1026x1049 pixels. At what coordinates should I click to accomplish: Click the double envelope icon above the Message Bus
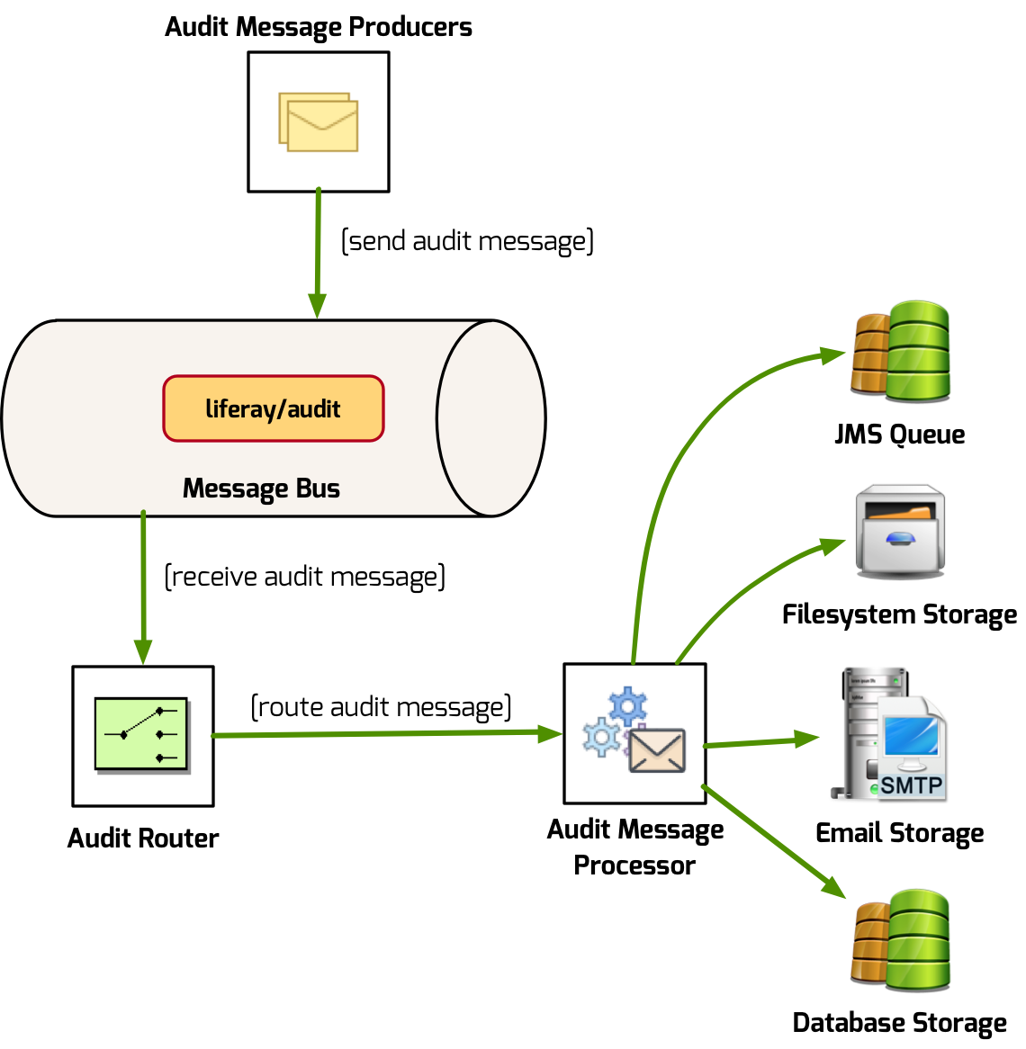[319, 121]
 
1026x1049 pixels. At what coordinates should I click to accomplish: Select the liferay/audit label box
[274, 409]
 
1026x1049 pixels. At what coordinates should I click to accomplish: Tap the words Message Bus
[261, 489]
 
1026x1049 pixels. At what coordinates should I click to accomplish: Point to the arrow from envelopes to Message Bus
[318, 252]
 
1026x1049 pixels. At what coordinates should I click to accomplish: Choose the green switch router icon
[142, 734]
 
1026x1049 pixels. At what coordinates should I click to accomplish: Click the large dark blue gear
[627, 706]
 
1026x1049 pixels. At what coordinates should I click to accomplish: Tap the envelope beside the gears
[657, 750]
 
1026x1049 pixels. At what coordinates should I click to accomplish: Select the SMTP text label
[911, 785]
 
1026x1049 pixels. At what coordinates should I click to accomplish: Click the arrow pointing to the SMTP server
[760, 742]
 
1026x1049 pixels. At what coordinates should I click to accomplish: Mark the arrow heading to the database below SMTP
[774, 841]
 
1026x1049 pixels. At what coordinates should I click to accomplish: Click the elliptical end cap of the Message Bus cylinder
[490, 418]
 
